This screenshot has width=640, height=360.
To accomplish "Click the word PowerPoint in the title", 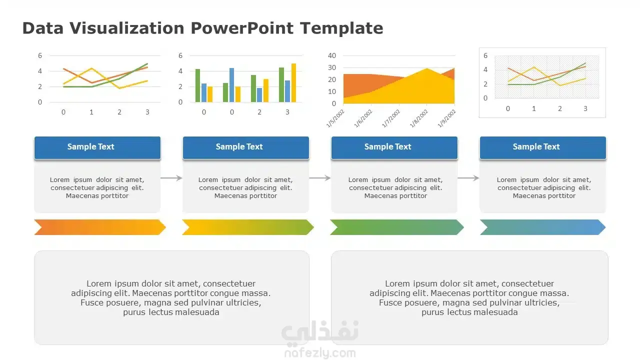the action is tap(242, 28).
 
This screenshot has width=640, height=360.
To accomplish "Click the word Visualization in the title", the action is tap(127, 28).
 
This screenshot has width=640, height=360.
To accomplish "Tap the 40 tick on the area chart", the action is tap(331, 55).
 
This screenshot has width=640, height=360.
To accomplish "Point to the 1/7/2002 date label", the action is tap(391, 118).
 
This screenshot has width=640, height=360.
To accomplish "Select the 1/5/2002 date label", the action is tap(335, 118).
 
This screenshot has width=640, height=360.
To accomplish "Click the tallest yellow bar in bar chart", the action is tap(293, 82).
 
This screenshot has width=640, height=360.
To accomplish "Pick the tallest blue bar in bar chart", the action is tap(231, 85).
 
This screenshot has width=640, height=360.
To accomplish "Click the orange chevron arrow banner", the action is tap(100, 227).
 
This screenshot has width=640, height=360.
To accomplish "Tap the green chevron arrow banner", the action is tap(397, 227).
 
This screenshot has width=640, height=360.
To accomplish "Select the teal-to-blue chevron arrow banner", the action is tap(543, 227).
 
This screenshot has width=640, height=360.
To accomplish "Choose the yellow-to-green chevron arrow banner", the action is tap(248, 227).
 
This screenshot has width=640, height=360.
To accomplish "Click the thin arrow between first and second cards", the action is tap(171, 178).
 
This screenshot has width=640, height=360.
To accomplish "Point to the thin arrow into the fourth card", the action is tap(468, 178).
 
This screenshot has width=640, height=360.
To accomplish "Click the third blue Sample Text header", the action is tap(394, 147).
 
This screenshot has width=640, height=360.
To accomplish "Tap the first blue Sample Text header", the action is tap(97, 147).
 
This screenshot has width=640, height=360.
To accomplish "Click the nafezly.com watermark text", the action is tap(320, 353).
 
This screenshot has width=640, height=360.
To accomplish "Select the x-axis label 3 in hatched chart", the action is tap(585, 108).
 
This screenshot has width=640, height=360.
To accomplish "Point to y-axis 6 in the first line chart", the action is tap(40, 55).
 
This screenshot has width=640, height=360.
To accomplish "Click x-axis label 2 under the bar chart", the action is tap(259, 112).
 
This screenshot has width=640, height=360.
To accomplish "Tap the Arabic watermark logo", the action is tap(320, 332).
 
